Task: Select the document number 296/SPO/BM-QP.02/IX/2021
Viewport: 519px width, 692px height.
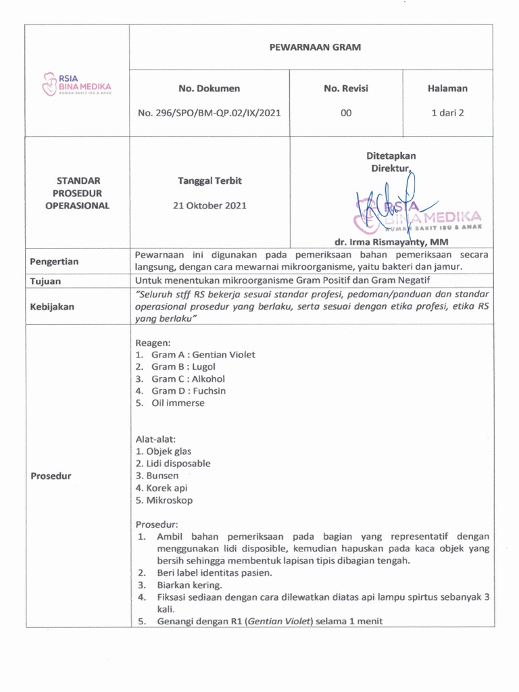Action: pos(209,114)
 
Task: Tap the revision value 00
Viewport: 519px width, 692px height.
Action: pos(346,114)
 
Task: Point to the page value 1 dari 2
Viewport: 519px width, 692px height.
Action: pos(447,114)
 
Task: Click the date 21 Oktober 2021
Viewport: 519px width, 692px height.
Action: pos(209,205)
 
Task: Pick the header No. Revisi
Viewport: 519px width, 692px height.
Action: pos(346,88)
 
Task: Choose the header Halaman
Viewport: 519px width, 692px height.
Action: pos(447,88)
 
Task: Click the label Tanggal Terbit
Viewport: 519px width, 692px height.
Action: pos(209,181)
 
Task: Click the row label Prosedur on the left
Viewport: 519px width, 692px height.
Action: pos(51,476)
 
